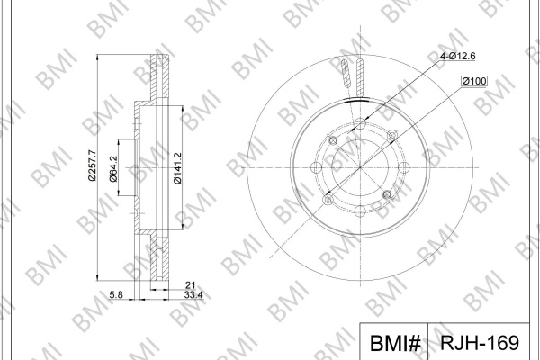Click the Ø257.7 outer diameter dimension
click(x=92, y=166)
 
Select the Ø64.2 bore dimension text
click(x=113, y=168)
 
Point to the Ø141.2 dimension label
click(x=177, y=168)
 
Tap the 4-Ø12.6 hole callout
click(x=458, y=56)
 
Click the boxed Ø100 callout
click(x=474, y=81)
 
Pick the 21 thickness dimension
click(x=191, y=285)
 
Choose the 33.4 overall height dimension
click(x=193, y=295)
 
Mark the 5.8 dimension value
click(x=116, y=295)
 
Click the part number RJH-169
click(x=480, y=343)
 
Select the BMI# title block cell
click(x=394, y=341)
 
